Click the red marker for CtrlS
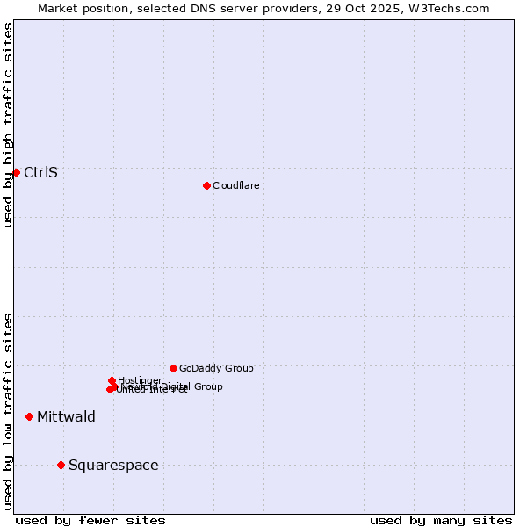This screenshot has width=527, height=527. click(x=16, y=172)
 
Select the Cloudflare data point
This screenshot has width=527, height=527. click(x=206, y=185)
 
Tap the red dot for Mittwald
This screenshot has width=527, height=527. click(x=29, y=416)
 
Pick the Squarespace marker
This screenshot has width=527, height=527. click(x=61, y=465)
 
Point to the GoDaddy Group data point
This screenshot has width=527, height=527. click(x=173, y=368)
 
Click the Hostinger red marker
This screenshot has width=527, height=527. click(x=112, y=380)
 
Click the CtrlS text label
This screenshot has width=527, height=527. click(x=40, y=172)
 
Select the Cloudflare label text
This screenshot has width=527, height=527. click(x=235, y=185)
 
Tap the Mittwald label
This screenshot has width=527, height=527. click(x=66, y=416)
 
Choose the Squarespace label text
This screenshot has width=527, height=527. click(x=113, y=465)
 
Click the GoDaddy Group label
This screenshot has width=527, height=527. click(x=216, y=368)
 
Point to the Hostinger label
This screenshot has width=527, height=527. click(x=140, y=380)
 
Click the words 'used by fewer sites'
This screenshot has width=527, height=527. click(x=90, y=520)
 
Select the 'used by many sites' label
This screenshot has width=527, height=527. click(x=441, y=520)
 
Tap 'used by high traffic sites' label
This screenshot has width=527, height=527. click(x=8, y=125)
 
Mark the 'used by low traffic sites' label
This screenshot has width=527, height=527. click(x=8, y=411)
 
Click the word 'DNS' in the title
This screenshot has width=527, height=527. click(x=206, y=8)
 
